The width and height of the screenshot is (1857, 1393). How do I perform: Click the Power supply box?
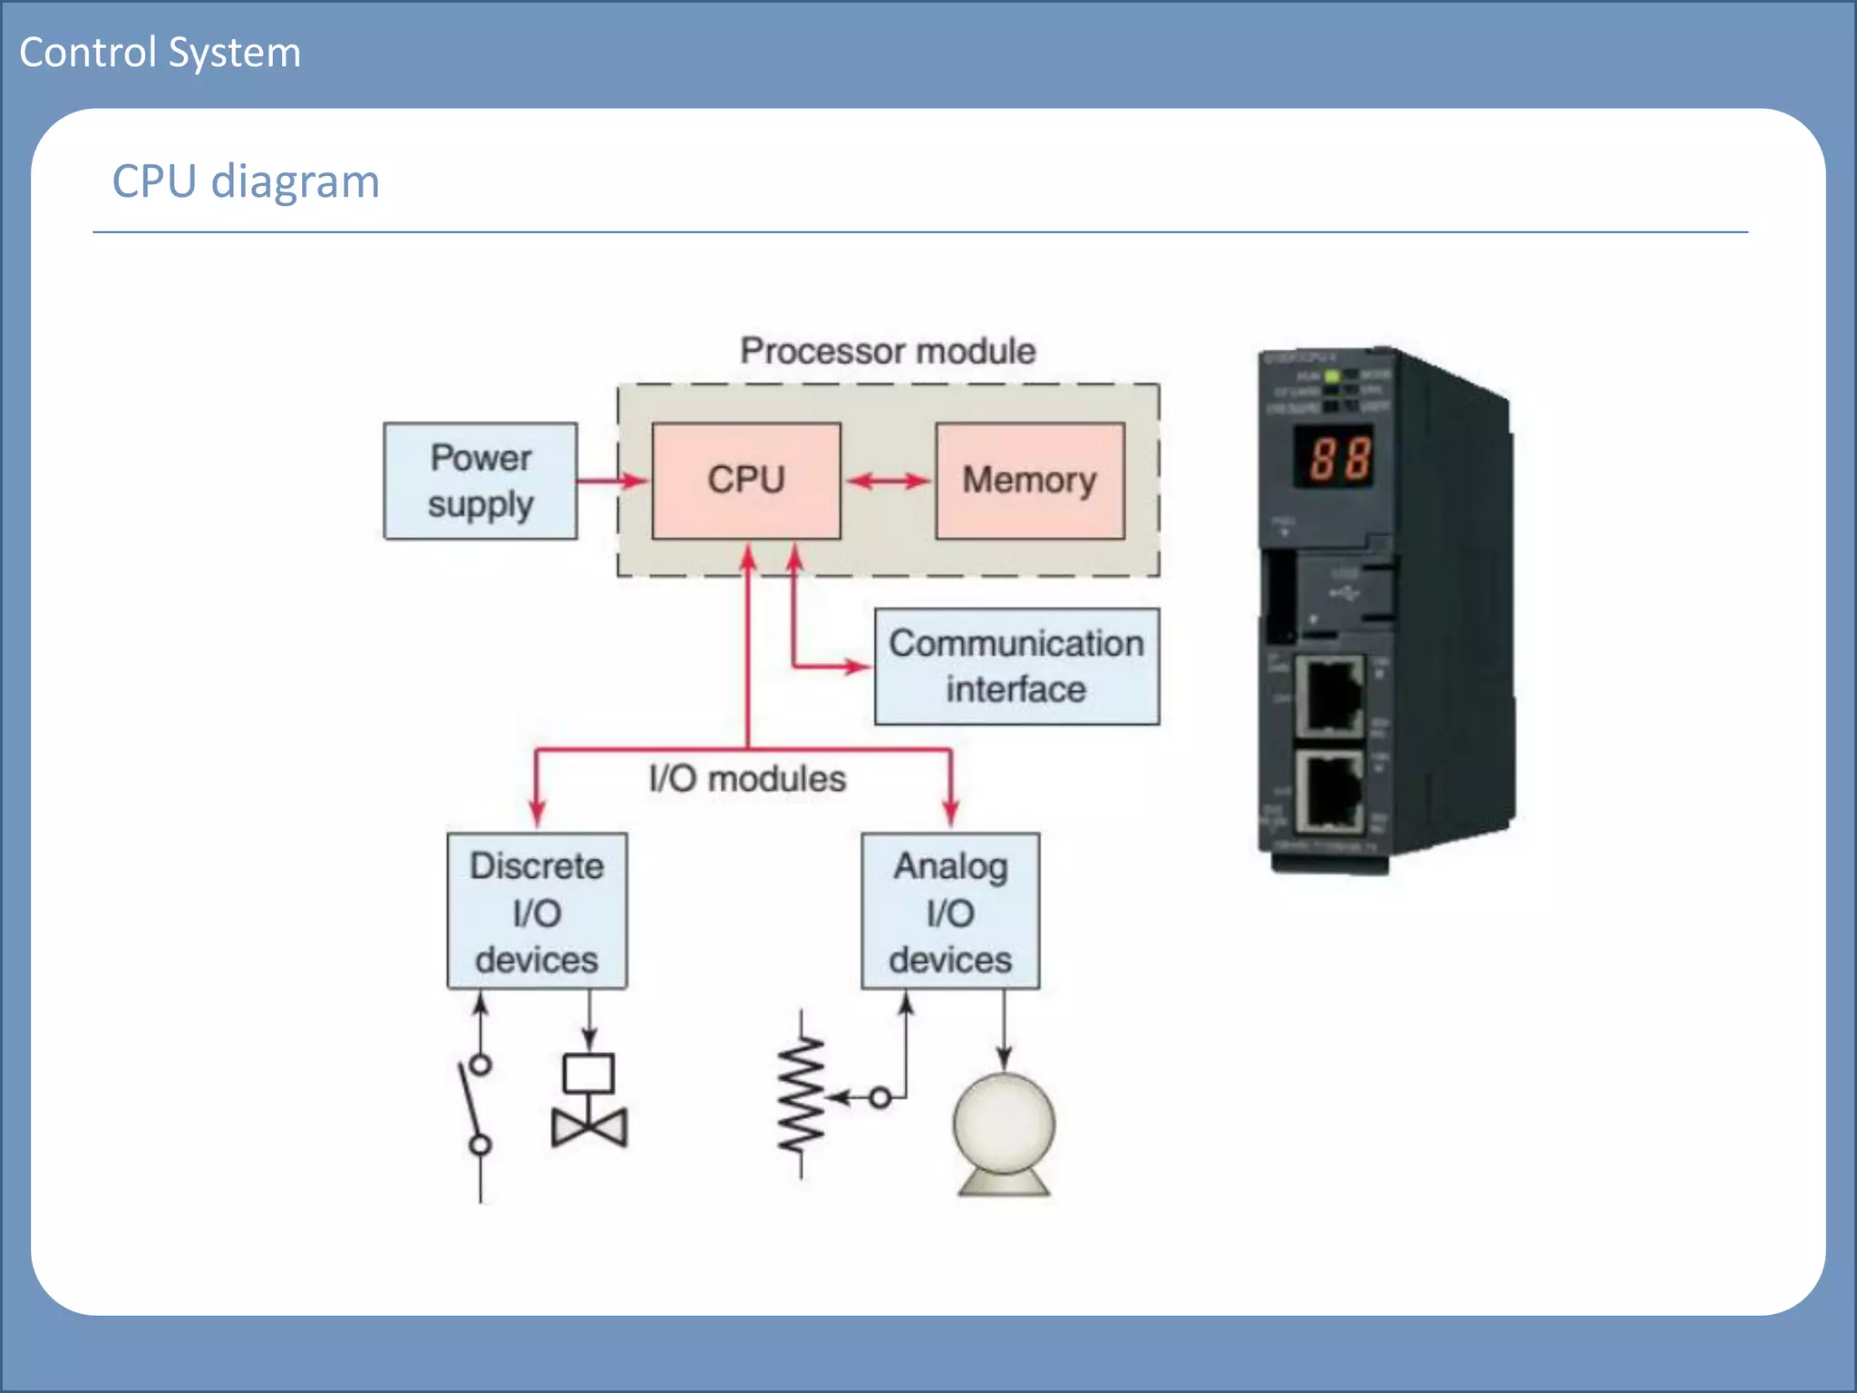[480, 481]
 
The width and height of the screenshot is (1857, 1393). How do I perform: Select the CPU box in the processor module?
[745, 481]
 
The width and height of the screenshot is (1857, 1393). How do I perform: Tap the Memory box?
[1029, 481]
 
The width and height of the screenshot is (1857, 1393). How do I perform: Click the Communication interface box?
[1016, 666]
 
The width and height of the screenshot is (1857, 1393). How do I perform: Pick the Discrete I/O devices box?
[536, 911]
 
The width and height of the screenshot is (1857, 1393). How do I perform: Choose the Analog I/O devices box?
[949, 911]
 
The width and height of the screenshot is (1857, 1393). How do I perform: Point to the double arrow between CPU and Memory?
[888, 482]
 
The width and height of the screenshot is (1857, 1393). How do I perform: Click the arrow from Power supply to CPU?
[613, 481]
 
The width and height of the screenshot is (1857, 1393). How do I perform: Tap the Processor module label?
[887, 351]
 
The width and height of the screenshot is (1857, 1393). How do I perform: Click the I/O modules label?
[747, 778]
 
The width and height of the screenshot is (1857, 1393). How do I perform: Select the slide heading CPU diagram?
[245, 181]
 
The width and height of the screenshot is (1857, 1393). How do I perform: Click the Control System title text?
[160, 53]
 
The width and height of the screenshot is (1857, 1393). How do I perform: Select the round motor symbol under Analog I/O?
[1004, 1129]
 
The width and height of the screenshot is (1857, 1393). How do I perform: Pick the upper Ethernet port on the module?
[1329, 696]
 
